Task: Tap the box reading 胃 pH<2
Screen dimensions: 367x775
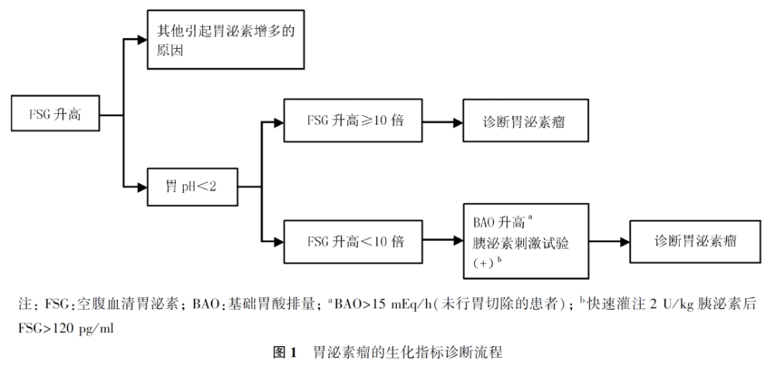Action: click(191, 187)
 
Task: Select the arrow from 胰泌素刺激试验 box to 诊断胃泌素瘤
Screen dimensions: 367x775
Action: click(608, 241)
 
